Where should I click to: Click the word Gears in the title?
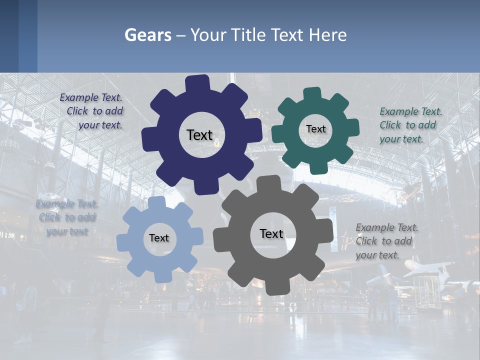(148, 35)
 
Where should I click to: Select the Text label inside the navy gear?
(199, 135)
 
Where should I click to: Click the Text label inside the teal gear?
(315, 129)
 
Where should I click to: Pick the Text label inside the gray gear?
(271, 233)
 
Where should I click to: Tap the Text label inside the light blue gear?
(158, 238)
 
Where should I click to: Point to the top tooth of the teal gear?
(312, 94)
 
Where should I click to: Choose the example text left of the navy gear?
(92, 111)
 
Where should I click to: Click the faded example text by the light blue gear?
(67, 217)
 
